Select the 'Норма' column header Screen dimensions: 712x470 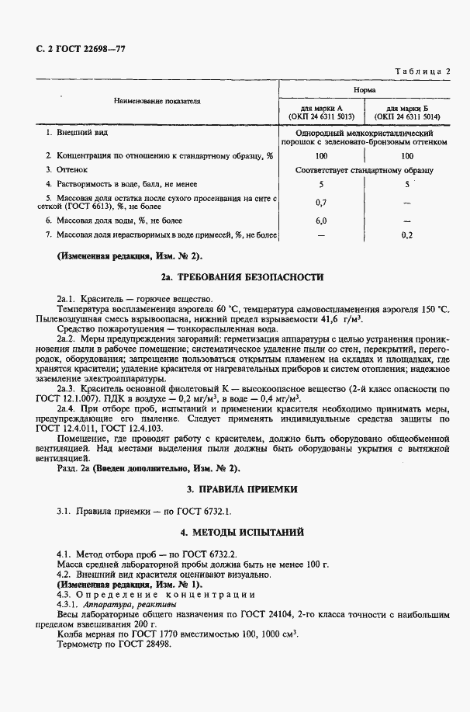[365, 91]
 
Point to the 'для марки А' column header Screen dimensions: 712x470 [321, 109]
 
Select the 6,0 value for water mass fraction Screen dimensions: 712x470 [321, 221]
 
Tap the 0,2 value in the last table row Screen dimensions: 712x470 [407, 234]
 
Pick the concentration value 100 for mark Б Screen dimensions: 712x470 [407, 156]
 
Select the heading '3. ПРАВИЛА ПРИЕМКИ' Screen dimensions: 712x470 [235, 490]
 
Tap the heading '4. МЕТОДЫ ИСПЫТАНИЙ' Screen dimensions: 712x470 [235, 533]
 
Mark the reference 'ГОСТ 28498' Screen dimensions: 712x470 [148, 643]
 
